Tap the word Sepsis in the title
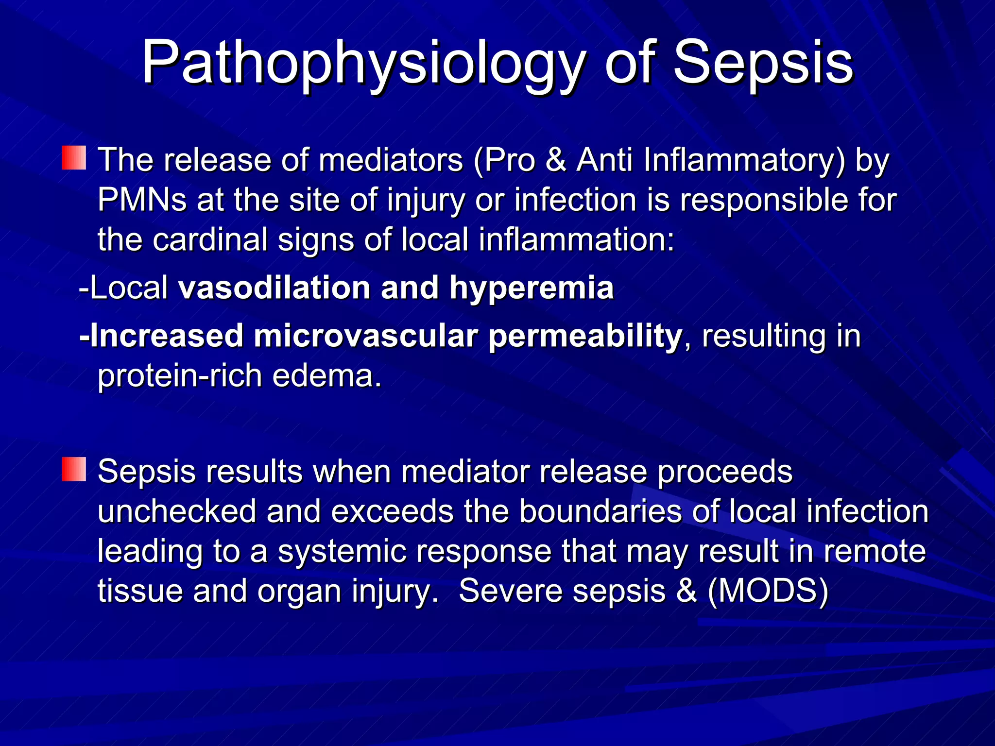click(763, 63)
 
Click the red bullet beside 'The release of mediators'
click(74, 158)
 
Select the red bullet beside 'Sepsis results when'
click(74, 469)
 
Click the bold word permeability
click(585, 336)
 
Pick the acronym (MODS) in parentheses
click(768, 591)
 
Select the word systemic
click(342, 551)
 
